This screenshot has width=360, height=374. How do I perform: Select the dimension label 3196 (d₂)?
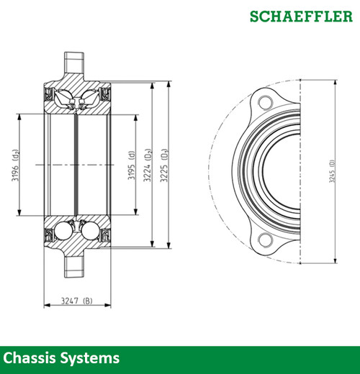click(15, 164)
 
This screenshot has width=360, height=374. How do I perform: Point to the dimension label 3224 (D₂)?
click(148, 164)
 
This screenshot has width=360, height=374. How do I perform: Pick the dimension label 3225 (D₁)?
click(163, 164)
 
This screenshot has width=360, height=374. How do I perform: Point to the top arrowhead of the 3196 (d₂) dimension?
click(19, 114)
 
